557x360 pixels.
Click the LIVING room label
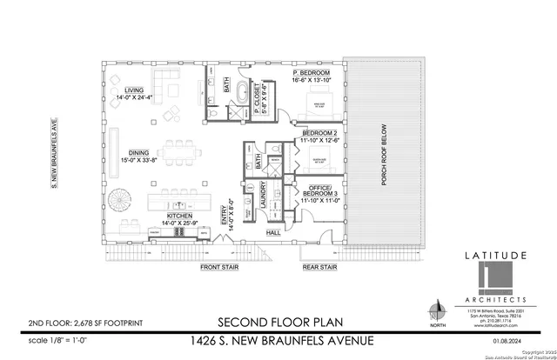coord(133,90)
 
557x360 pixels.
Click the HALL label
coord(272,233)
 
